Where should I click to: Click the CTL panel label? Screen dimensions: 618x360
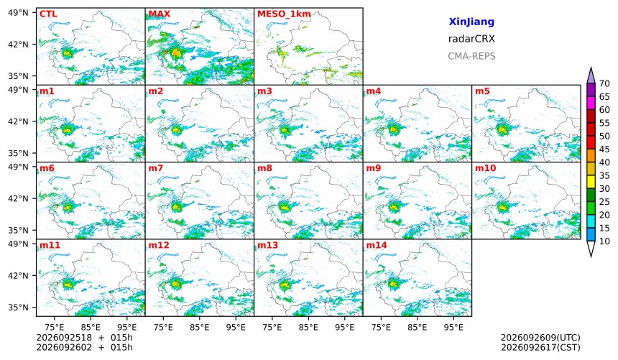(x=48, y=14)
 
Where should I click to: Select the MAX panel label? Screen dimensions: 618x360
(x=160, y=14)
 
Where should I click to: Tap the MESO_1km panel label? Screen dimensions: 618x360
(x=284, y=14)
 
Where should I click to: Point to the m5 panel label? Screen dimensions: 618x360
(x=482, y=91)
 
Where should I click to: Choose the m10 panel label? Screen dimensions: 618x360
(x=485, y=168)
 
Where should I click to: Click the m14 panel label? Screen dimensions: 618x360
(x=377, y=245)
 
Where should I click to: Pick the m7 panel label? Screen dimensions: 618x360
(x=156, y=168)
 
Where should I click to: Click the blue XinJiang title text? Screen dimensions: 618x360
(x=471, y=22)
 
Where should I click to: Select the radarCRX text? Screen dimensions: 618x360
(x=471, y=39)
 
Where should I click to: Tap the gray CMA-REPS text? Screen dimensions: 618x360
(x=471, y=56)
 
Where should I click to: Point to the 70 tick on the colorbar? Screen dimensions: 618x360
(x=604, y=83)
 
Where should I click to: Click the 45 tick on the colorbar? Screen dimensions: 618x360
(x=604, y=149)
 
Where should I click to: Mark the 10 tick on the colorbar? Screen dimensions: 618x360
(x=604, y=241)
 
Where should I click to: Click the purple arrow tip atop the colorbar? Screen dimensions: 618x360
(x=591, y=68)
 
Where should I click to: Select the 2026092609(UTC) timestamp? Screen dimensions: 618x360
(x=540, y=338)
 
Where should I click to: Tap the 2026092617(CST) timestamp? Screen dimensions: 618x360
(x=540, y=347)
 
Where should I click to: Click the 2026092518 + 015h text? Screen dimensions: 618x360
(x=84, y=338)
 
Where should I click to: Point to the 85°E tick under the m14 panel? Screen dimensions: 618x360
(x=418, y=327)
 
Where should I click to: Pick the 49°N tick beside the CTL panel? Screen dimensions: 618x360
(x=18, y=13)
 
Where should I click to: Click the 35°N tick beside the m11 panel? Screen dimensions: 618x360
(x=18, y=307)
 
